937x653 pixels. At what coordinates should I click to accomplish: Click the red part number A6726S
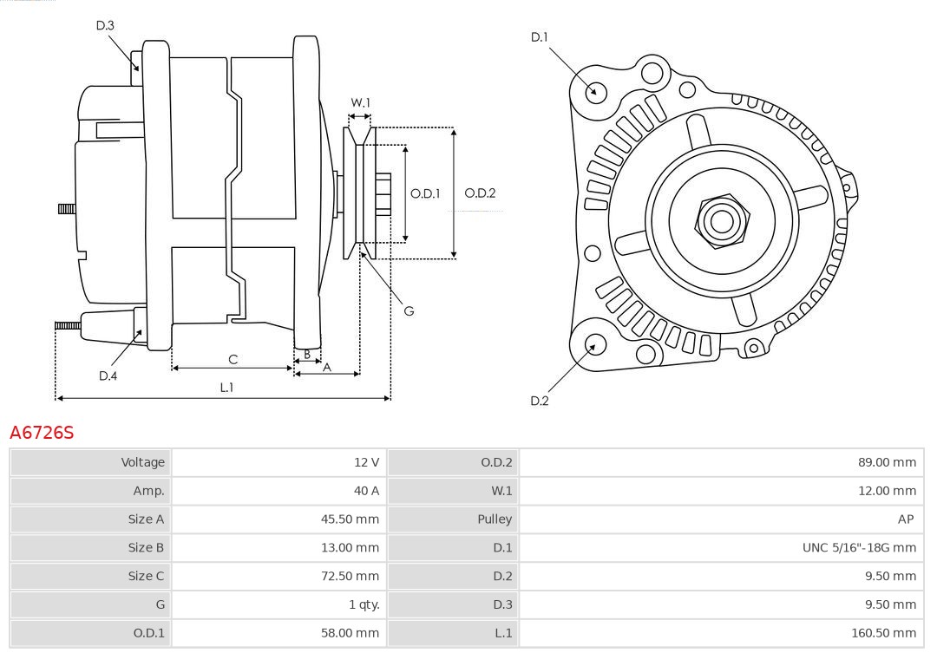tap(42, 432)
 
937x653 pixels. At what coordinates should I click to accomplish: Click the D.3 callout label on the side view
tap(105, 25)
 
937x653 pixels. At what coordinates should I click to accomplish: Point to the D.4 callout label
tap(108, 375)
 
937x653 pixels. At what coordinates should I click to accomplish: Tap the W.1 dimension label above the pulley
tap(360, 102)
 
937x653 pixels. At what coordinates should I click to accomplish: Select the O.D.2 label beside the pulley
tap(480, 193)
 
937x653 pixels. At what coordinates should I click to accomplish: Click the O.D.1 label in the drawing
tap(425, 193)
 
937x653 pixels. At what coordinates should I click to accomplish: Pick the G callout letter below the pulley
tap(409, 310)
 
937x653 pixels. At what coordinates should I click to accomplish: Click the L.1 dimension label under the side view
tap(226, 388)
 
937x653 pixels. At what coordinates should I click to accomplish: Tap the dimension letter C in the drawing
tap(233, 359)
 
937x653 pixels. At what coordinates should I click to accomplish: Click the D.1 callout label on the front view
tap(540, 36)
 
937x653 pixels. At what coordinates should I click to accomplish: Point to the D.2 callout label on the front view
tap(540, 401)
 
